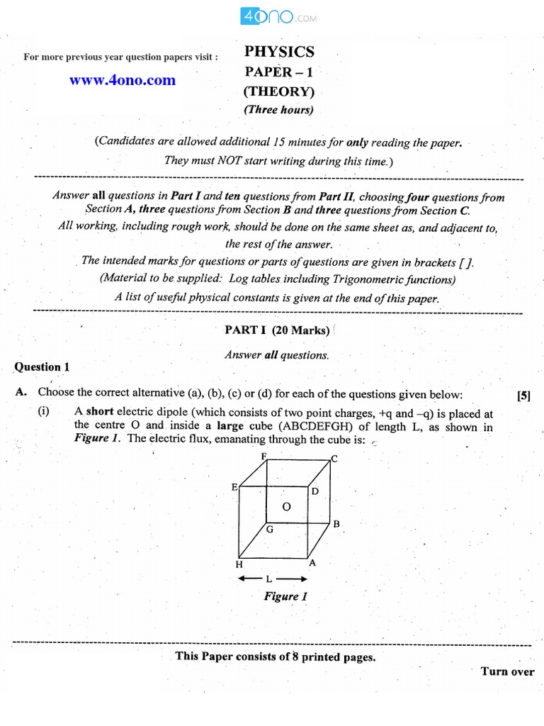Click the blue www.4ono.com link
(x=122, y=80)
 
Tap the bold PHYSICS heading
(x=279, y=52)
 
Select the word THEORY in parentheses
(x=278, y=91)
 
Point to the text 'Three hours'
(x=278, y=110)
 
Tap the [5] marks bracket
(x=523, y=396)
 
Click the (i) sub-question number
(x=44, y=412)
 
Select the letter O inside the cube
(x=287, y=506)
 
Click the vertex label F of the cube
(x=263, y=457)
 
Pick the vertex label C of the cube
(x=334, y=459)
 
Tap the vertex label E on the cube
(x=234, y=487)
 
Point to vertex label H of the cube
(x=239, y=564)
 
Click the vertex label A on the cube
(x=312, y=562)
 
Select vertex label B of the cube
(x=336, y=525)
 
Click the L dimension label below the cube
(x=269, y=579)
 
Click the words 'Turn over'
(x=507, y=671)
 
